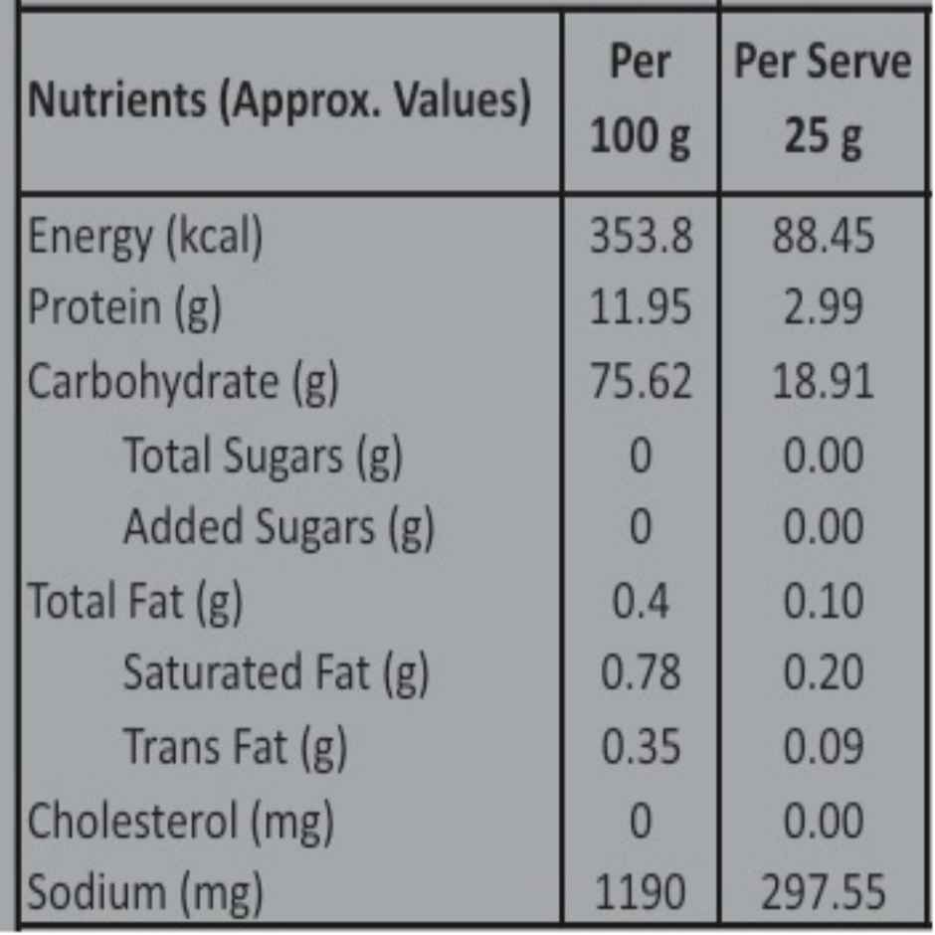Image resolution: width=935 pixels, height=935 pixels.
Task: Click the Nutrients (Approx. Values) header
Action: pyautogui.click(x=280, y=100)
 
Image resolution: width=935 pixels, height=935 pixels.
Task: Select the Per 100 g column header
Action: pyautogui.click(x=641, y=99)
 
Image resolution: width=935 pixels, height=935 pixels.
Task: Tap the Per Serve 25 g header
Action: pyautogui.click(x=823, y=99)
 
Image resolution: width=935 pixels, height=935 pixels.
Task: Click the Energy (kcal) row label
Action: pyautogui.click(x=145, y=238)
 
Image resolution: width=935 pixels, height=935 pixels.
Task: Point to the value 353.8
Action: pyautogui.click(x=641, y=236)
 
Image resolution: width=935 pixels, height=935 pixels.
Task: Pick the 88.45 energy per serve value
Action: pyautogui.click(x=824, y=236)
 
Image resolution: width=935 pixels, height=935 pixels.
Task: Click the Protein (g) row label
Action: pyautogui.click(x=124, y=308)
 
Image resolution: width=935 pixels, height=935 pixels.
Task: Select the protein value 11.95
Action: pyautogui.click(x=641, y=307)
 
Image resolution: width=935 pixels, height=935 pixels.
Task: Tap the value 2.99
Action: pyautogui.click(x=824, y=307)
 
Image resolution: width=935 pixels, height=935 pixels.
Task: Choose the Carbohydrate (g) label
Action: pyautogui.click(x=183, y=382)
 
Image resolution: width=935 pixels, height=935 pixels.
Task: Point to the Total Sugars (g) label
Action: pyautogui.click(x=263, y=457)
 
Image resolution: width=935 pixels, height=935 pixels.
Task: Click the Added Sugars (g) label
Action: pyautogui.click(x=280, y=528)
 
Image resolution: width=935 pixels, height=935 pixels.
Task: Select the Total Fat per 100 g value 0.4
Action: pyautogui.click(x=641, y=601)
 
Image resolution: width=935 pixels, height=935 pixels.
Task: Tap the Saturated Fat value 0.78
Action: pyautogui.click(x=641, y=672)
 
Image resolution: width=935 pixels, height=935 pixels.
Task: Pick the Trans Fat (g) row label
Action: pyautogui.click(x=235, y=747)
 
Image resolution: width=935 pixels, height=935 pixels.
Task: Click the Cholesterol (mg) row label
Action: pyautogui.click(x=181, y=822)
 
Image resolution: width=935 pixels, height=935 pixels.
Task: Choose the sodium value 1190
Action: pyautogui.click(x=641, y=892)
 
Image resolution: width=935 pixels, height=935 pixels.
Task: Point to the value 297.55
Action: pyautogui.click(x=824, y=892)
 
